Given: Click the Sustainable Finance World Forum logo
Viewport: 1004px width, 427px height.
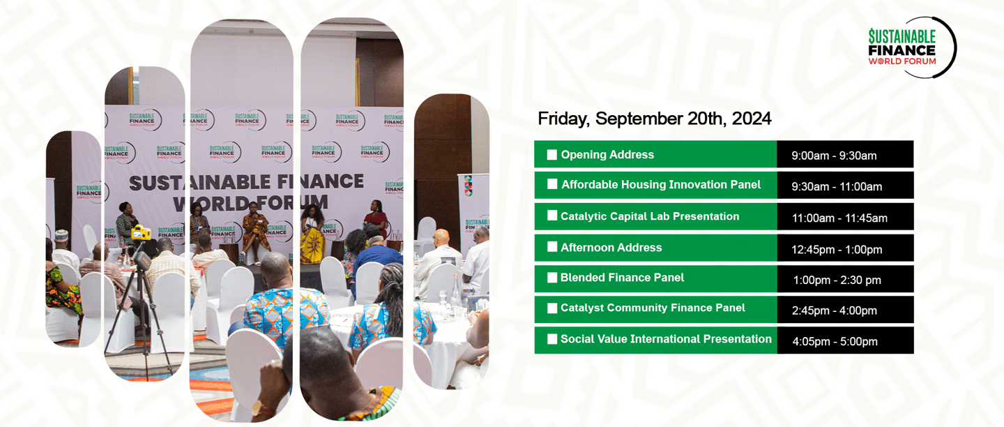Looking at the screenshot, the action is (910, 47).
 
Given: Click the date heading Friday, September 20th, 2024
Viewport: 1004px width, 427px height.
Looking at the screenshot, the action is (655, 119).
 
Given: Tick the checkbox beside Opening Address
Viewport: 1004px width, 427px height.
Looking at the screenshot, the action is (552, 155).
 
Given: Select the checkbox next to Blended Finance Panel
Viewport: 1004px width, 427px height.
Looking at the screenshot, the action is (552, 278).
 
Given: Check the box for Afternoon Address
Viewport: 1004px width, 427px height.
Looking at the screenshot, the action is (552, 247).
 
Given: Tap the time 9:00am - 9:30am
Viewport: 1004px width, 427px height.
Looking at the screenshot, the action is (834, 156).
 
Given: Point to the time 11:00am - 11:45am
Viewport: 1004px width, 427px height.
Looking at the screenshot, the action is (839, 218).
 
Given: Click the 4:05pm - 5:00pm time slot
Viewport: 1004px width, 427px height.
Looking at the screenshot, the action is (835, 341).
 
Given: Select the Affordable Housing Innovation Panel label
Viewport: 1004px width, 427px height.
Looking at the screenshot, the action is (661, 185).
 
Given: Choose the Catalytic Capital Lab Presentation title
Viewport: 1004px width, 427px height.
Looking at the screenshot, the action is (650, 216).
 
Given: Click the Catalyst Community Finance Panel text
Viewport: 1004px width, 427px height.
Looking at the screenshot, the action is (653, 308).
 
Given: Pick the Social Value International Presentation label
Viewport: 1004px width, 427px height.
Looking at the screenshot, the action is (666, 338).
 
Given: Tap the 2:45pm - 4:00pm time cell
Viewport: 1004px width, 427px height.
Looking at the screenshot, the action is (834, 310).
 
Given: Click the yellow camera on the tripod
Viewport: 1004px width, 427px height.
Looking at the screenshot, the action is (141, 232).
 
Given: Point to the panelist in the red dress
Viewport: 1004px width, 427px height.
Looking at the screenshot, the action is (376, 219).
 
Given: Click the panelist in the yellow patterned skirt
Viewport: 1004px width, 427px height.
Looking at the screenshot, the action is (312, 236).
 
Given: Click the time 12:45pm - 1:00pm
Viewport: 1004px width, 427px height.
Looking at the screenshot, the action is (837, 249).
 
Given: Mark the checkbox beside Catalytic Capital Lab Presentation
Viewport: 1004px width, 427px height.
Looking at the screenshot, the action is (552, 216).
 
